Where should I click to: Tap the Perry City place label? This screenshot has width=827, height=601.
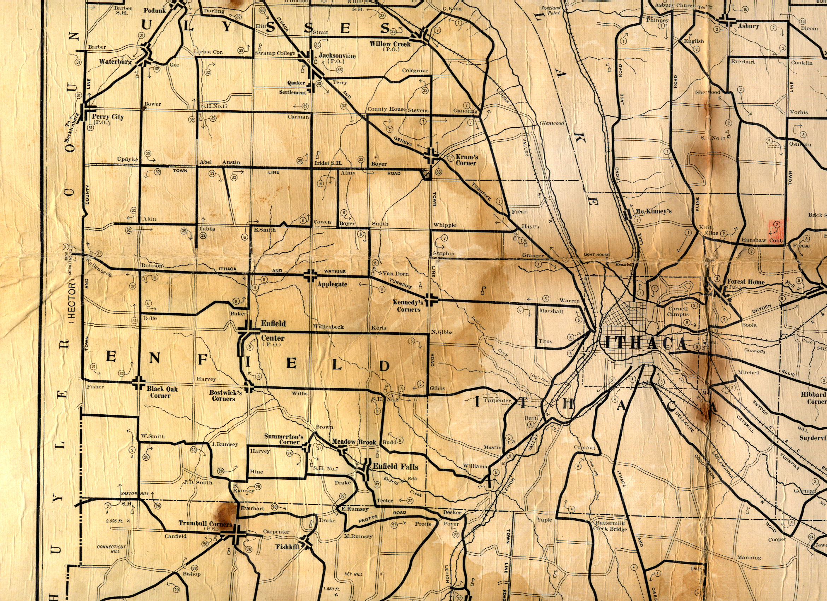point(107,117)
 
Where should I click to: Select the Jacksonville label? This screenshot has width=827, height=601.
point(337,56)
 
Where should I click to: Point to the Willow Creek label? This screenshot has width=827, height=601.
point(390,44)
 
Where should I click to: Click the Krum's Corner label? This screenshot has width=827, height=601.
point(467,160)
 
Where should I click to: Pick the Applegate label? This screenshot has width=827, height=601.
point(332,284)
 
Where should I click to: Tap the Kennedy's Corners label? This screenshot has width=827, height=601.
point(407,305)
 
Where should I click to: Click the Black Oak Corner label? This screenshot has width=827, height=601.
point(162,392)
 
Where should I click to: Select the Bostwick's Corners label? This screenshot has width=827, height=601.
point(225,395)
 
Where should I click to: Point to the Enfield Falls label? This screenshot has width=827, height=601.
point(395,466)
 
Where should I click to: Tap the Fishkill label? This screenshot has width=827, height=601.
point(287,547)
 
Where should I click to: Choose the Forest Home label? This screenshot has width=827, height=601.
point(745,281)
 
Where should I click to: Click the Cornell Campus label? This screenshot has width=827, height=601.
point(678,311)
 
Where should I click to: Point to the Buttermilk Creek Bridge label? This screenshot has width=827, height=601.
point(610,526)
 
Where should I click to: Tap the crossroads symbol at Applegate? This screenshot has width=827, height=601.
point(310,276)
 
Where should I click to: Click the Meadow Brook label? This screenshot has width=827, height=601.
point(353,442)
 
